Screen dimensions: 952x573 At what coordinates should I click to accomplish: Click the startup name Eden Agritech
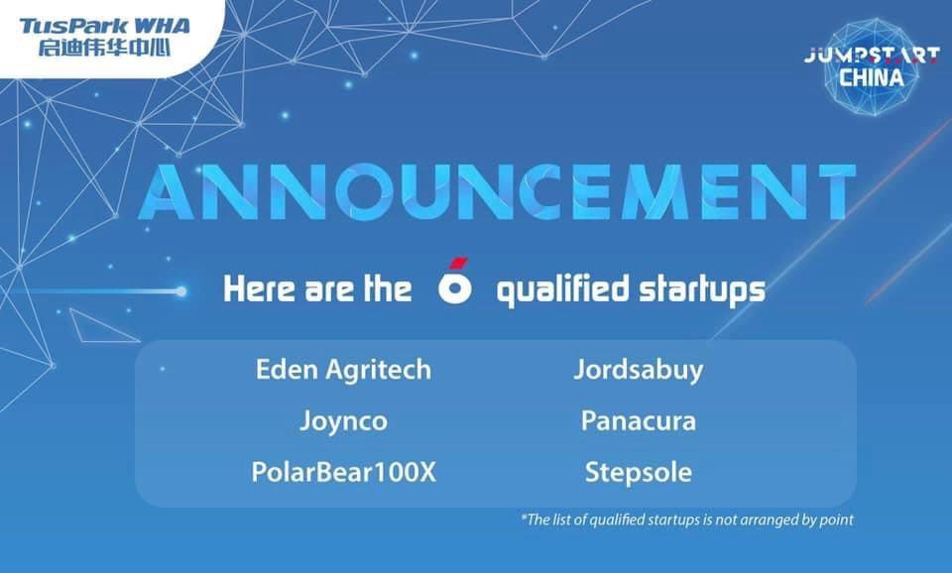pos(343,370)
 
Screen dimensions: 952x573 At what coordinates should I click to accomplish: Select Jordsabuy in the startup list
pos(638,370)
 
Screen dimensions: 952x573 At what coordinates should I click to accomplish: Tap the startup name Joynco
pos(343,421)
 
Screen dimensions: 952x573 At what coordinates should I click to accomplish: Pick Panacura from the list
pos(638,420)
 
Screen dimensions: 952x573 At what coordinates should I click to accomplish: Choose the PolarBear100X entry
pos(344,472)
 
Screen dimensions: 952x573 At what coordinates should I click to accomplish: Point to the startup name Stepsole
pos(638,473)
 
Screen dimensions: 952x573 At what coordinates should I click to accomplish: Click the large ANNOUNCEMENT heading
pos(497,191)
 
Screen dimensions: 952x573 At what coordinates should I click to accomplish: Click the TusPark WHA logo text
pos(104,26)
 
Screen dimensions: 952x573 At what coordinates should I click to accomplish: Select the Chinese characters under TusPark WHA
pos(104,48)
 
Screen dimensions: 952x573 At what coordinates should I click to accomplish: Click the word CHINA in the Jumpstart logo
pos(872,77)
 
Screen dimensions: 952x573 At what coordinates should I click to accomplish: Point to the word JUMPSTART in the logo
pos(872,56)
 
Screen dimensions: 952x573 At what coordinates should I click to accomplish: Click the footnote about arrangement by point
pos(687,519)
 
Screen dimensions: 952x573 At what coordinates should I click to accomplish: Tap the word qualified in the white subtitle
pos(562,289)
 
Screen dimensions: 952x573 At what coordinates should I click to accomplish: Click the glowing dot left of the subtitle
pos(180,292)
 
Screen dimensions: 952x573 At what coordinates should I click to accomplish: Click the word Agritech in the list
pos(379,370)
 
